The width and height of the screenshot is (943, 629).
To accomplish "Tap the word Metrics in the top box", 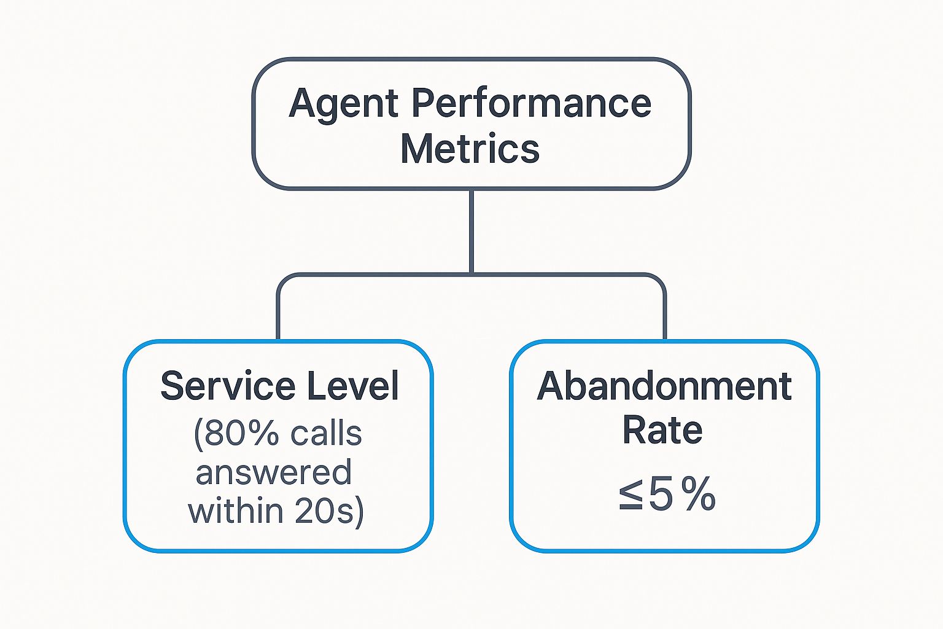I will [470, 149].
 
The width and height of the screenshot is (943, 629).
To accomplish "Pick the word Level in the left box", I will [353, 386].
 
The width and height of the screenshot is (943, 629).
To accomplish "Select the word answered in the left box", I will [274, 472].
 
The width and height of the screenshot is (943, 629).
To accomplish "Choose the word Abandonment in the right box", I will [664, 386].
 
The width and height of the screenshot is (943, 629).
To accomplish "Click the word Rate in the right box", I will [662, 430].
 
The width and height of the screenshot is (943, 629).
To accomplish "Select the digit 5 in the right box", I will [661, 494].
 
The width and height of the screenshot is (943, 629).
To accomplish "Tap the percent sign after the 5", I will [698, 494].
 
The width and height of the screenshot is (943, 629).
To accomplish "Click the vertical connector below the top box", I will [471, 230].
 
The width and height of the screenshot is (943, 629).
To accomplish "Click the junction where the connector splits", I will [471, 274].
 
